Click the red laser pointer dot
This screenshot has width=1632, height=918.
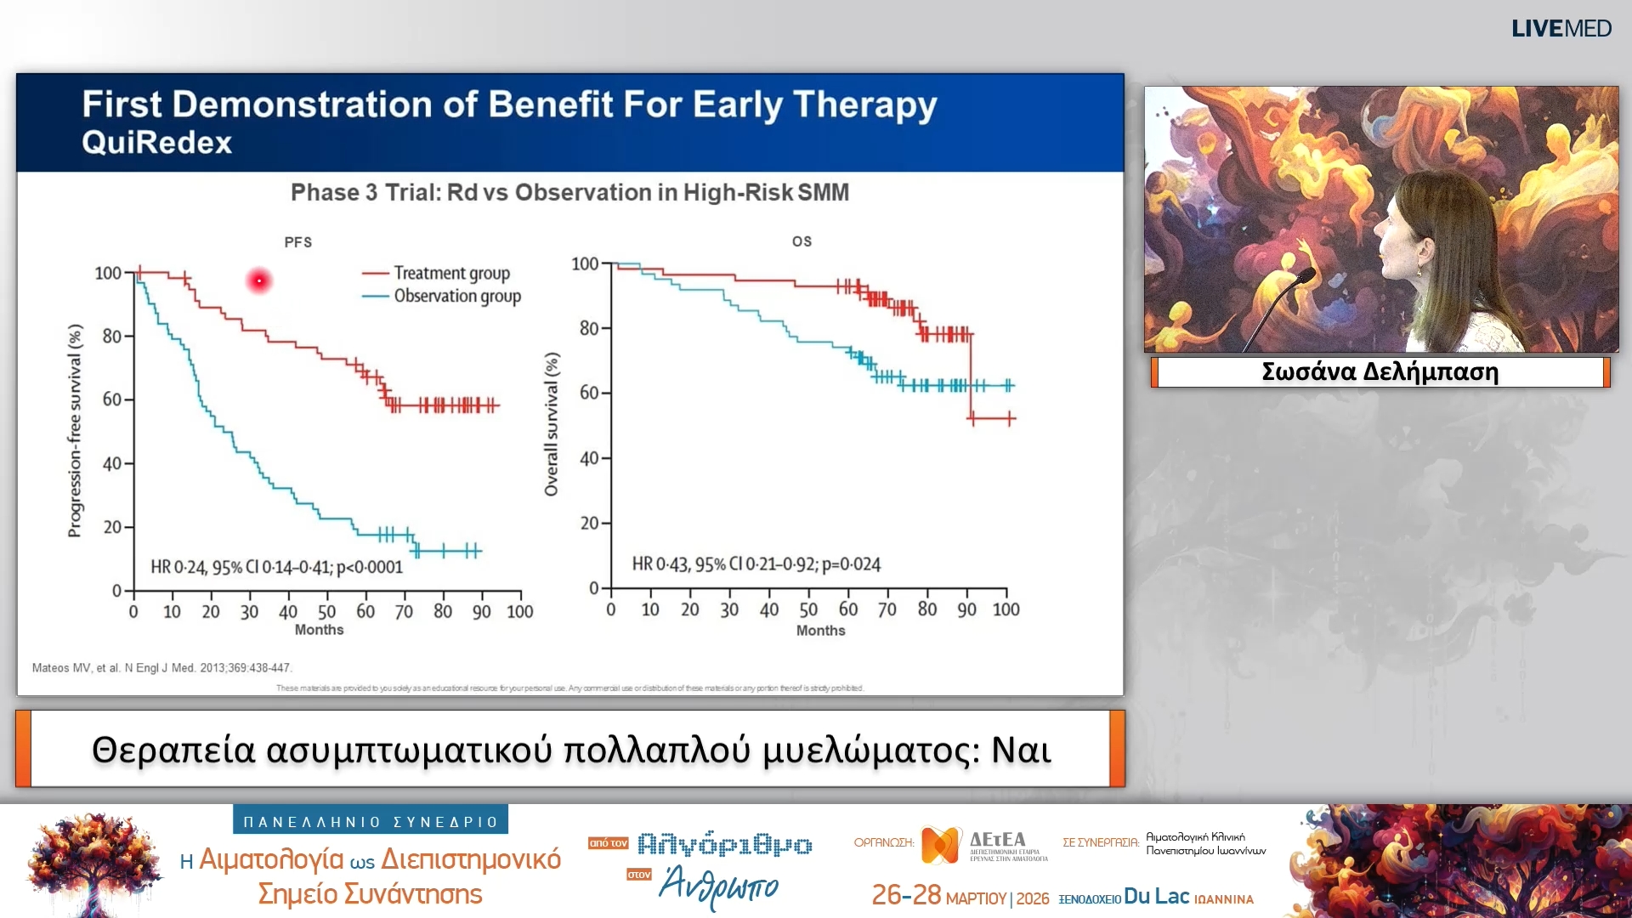pos(259,280)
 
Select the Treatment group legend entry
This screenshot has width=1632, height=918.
pos(450,274)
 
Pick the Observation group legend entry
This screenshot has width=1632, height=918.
pos(456,297)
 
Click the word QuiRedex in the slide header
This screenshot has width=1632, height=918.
pos(157,143)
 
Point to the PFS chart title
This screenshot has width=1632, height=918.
pos(297,242)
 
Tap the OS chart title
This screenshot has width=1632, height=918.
pos(802,241)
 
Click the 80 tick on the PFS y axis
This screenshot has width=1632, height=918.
pos(112,337)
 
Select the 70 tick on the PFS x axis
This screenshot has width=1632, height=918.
pos(404,612)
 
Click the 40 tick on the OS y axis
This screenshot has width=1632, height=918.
pos(589,459)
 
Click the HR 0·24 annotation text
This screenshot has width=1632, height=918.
pos(276,567)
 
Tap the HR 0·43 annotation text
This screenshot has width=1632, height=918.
pos(756,564)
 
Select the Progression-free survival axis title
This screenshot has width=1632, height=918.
pos(76,430)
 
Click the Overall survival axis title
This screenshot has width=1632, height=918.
pos(552,424)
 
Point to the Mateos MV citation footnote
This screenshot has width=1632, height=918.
pos(161,668)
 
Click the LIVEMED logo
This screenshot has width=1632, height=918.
pos(1561,29)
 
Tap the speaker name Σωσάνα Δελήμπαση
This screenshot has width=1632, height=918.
pos(1380,372)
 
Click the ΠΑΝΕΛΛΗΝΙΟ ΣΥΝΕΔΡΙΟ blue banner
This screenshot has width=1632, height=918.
pos(371,822)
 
